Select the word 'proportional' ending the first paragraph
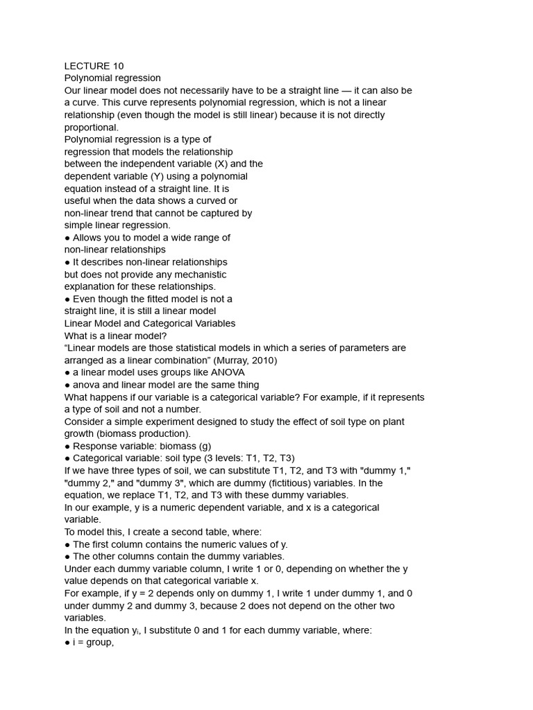(x=90, y=127)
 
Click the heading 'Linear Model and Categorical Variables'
(x=149, y=323)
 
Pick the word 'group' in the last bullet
(x=99, y=643)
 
